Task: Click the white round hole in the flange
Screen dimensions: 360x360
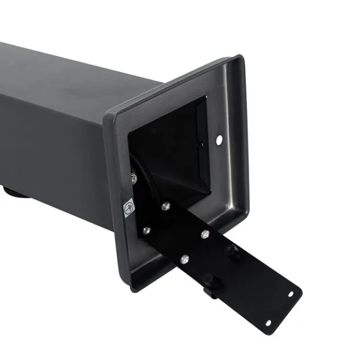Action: (x=219, y=140)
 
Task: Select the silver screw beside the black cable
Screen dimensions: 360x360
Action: (x=134, y=178)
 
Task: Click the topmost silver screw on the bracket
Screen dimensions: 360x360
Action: (x=165, y=206)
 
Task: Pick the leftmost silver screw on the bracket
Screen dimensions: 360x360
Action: (x=146, y=230)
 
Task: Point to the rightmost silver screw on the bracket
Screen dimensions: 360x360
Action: (x=204, y=234)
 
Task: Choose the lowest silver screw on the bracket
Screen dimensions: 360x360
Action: (x=185, y=258)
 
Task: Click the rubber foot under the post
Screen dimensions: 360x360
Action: (x=14, y=193)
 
